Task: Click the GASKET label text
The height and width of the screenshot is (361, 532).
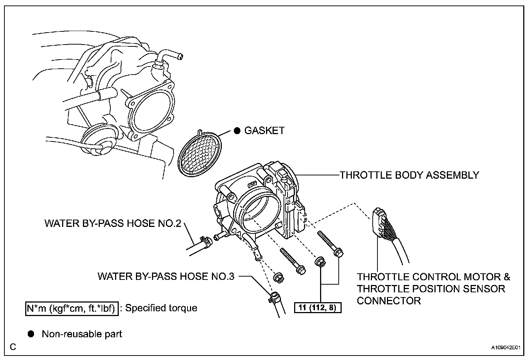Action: pos(264,131)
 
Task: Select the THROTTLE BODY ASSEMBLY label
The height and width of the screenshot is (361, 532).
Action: pos(409,175)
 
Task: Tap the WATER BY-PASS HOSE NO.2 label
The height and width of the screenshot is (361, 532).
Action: pos(113,223)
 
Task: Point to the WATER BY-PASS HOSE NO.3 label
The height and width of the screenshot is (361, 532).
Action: pos(166,276)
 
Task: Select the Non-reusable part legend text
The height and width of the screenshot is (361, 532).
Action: pos(82,334)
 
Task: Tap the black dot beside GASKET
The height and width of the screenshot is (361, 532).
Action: pos(237,131)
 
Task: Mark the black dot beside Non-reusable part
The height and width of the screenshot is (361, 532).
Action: pos(31,334)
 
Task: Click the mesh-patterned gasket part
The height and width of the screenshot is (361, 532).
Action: pos(200,153)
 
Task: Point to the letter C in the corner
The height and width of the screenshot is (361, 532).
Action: pos(13,347)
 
